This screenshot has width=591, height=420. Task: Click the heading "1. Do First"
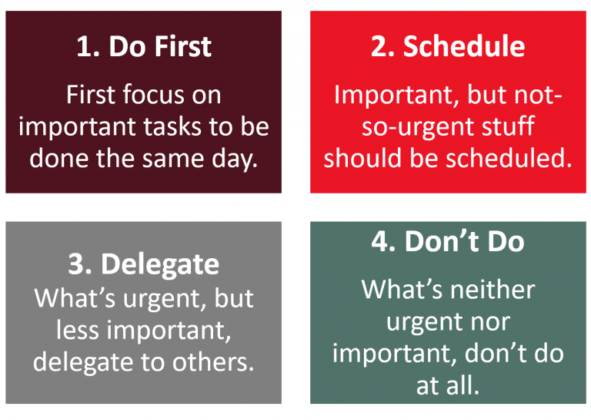[x=143, y=47]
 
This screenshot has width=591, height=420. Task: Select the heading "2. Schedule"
[x=448, y=47]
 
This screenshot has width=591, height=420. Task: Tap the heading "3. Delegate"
[x=143, y=264]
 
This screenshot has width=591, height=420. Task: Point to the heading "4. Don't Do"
[x=448, y=241]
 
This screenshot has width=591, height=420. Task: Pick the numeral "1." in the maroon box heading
[x=88, y=47]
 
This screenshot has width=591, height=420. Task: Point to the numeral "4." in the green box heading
[x=384, y=241]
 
